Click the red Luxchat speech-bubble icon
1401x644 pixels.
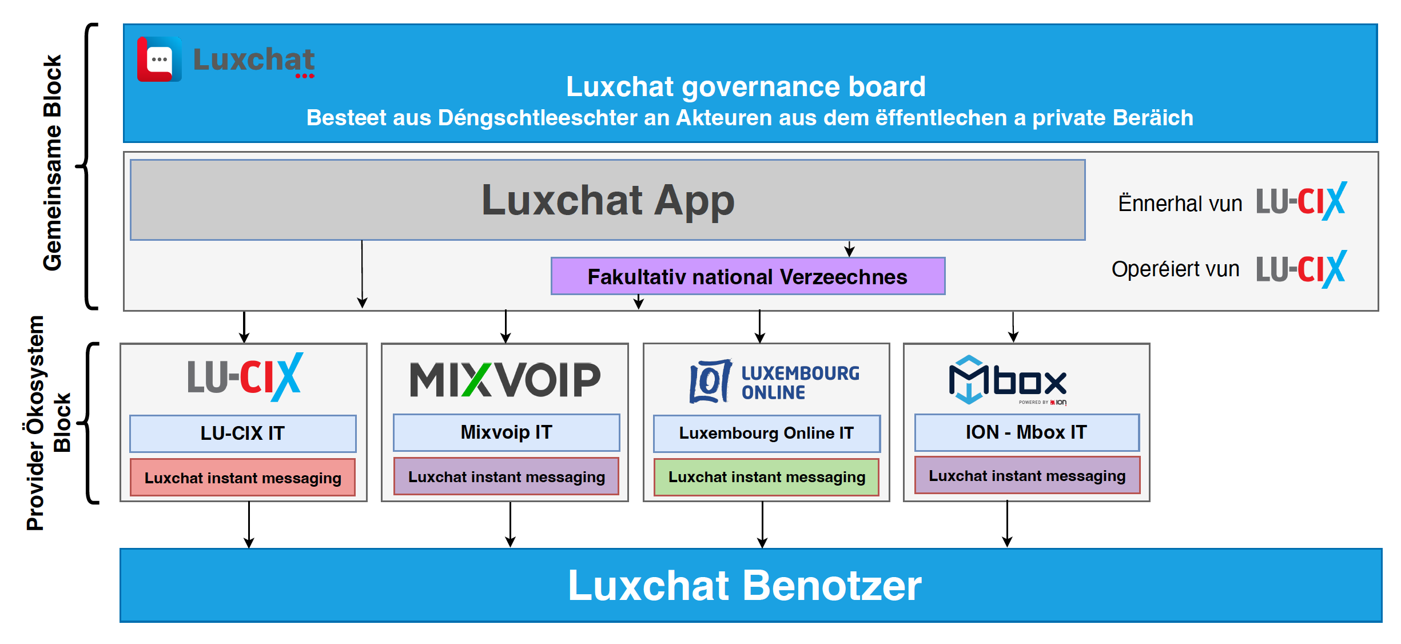159,59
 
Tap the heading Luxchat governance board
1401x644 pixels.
746,87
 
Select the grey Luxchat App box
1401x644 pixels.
607,200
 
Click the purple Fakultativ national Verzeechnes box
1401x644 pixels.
747,277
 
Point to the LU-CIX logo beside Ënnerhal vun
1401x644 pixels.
1301,201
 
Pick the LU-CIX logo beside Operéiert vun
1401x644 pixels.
1301,269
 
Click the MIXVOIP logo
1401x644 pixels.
505,379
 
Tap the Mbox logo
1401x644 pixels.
1008,380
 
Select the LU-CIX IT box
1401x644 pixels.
242,434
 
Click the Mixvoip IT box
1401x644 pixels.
506,432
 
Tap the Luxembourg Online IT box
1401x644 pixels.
766,433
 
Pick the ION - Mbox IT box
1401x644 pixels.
1026,432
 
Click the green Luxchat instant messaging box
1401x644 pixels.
766,477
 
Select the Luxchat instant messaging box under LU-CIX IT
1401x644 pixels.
242,478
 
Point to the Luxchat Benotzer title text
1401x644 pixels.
745,586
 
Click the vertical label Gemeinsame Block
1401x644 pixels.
53,163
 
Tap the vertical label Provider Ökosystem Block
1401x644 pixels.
48,423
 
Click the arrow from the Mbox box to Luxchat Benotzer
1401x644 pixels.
1007,524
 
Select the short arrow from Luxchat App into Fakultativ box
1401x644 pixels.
850,249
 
